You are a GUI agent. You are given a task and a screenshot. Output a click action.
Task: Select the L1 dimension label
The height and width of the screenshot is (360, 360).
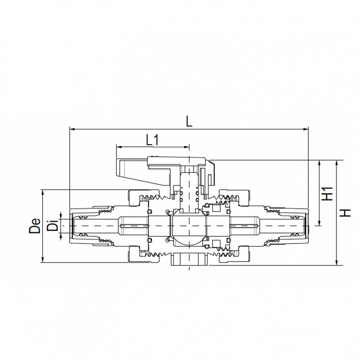(x=153, y=140)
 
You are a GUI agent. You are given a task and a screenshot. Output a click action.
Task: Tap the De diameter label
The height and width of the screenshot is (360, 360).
(x=35, y=226)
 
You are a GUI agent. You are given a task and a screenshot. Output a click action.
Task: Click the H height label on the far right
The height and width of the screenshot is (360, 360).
(x=346, y=212)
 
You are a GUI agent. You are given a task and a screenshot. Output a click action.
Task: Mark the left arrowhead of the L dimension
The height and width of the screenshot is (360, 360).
(x=71, y=128)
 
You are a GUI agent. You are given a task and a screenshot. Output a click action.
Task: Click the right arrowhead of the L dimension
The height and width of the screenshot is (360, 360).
(x=307, y=128)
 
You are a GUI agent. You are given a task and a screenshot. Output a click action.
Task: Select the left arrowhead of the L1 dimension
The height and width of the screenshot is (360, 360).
(x=118, y=147)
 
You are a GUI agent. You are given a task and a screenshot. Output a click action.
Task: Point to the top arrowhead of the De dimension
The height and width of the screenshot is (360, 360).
(x=43, y=192)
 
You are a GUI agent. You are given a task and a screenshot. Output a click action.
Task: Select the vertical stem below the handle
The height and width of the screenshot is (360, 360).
(x=189, y=187)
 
